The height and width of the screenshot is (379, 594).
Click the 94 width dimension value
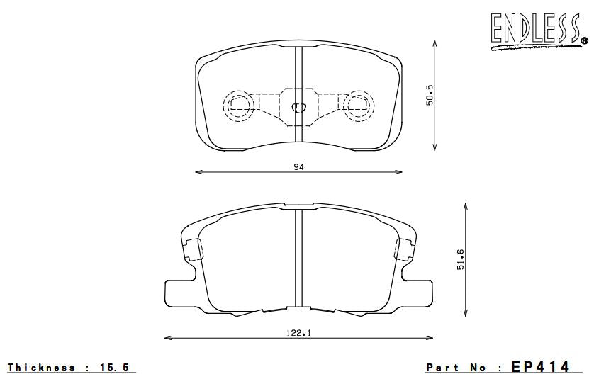tap(298, 166)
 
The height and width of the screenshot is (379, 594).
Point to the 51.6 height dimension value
tap(460, 261)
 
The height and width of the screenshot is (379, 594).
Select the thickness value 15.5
tap(116, 367)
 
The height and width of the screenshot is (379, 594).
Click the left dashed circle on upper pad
tap(237, 106)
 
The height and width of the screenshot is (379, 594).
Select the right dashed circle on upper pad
tap(359, 106)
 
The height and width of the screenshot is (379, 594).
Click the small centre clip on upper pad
tap(298, 108)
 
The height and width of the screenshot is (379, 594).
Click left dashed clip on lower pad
tap(191, 249)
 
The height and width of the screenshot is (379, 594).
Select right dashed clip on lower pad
tap(406, 249)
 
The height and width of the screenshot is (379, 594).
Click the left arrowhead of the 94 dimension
tap(198, 171)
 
